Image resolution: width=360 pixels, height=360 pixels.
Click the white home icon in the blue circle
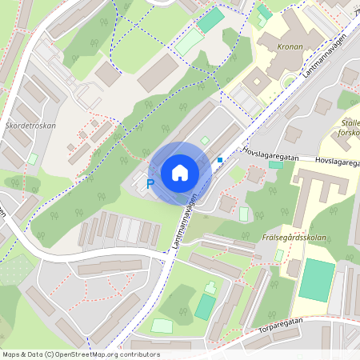[x=180, y=172]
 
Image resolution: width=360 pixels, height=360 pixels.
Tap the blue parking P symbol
[x=149, y=185]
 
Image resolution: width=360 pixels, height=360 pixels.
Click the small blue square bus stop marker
[x=219, y=160]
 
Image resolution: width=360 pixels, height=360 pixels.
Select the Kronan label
[x=290, y=47]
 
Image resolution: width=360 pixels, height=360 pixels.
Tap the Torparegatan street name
[x=281, y=321]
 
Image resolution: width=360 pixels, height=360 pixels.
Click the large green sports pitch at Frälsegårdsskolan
[x=317, y=279]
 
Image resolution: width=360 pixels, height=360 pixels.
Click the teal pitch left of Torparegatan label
[x=206, y=306]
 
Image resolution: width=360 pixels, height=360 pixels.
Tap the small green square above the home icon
[x=204, y=141]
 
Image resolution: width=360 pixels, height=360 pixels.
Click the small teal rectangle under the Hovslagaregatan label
[x=275, y=165]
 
